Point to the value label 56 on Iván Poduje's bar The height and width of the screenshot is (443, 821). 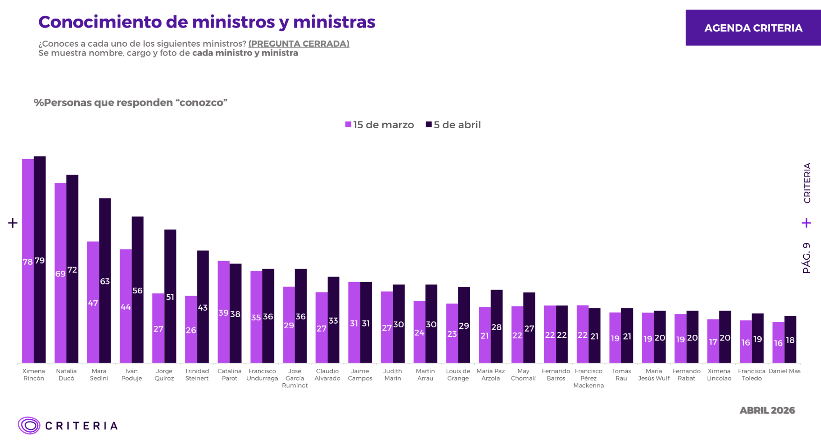point(137,291)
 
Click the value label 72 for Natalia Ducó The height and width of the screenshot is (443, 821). point(72,270)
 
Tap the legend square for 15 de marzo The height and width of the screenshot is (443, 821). point(348,125)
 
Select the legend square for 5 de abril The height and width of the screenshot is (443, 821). point(428,125)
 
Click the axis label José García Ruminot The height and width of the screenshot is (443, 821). point(295,378)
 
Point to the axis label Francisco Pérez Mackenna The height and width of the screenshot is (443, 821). point(589,378)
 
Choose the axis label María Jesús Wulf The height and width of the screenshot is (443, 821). point(654,374)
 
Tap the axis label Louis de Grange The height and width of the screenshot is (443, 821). point(458,374)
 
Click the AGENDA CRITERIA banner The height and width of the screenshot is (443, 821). point(753,28)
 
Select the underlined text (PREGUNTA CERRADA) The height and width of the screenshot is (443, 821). point(299,43)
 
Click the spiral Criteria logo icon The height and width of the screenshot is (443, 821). point(29,425)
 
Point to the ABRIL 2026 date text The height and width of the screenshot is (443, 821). point(767,410)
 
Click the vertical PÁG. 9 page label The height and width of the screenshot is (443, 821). point(807,257)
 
